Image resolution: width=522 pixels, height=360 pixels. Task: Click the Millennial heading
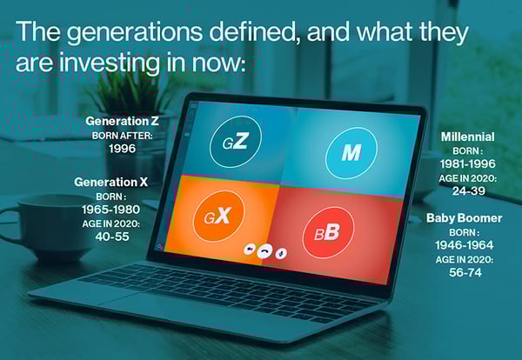click(467, 137)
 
